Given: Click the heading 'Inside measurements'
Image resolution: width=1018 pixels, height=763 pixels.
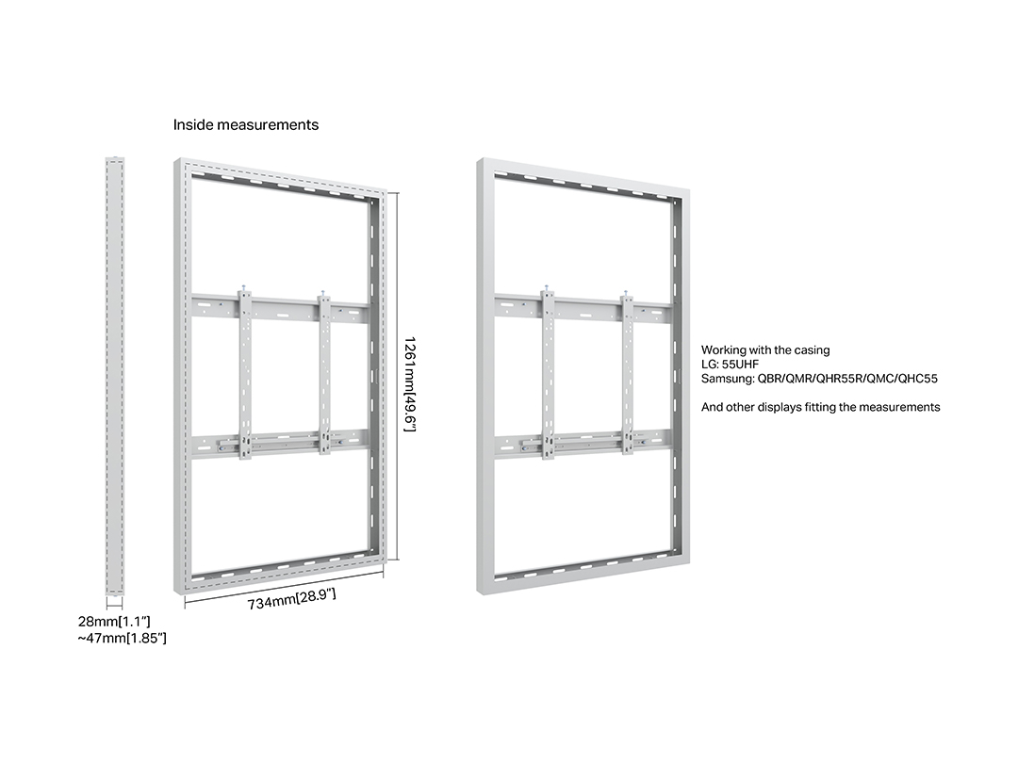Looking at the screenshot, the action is [245, 124].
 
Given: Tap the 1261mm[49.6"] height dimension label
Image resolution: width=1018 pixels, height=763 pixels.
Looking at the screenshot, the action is [409, 384].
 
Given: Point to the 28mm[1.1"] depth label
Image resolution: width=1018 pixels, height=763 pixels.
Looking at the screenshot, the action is [114, 622].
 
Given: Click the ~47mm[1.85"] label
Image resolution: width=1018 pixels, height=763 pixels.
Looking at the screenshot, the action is [122, 639].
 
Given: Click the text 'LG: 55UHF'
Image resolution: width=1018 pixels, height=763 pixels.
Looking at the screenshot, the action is [730, 365].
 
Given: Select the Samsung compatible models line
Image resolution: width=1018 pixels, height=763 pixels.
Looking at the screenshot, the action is [819, 379].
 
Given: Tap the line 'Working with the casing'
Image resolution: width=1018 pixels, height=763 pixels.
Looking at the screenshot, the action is [765, 350].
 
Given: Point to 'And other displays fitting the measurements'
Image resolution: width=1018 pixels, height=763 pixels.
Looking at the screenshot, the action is [821, 408].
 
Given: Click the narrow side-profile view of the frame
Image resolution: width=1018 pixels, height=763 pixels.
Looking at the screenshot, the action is [114, 376].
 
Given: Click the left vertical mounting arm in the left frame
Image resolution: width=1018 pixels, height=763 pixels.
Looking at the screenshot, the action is [245, 374].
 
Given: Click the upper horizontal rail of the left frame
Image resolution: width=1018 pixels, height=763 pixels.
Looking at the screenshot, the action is [281, 309].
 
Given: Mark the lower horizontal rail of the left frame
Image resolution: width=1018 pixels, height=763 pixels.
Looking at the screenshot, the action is [281, 444].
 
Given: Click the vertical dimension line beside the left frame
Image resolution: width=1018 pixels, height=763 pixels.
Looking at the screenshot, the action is [397, 375].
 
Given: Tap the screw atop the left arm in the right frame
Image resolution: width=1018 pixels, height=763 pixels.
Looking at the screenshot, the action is [548, 287].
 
